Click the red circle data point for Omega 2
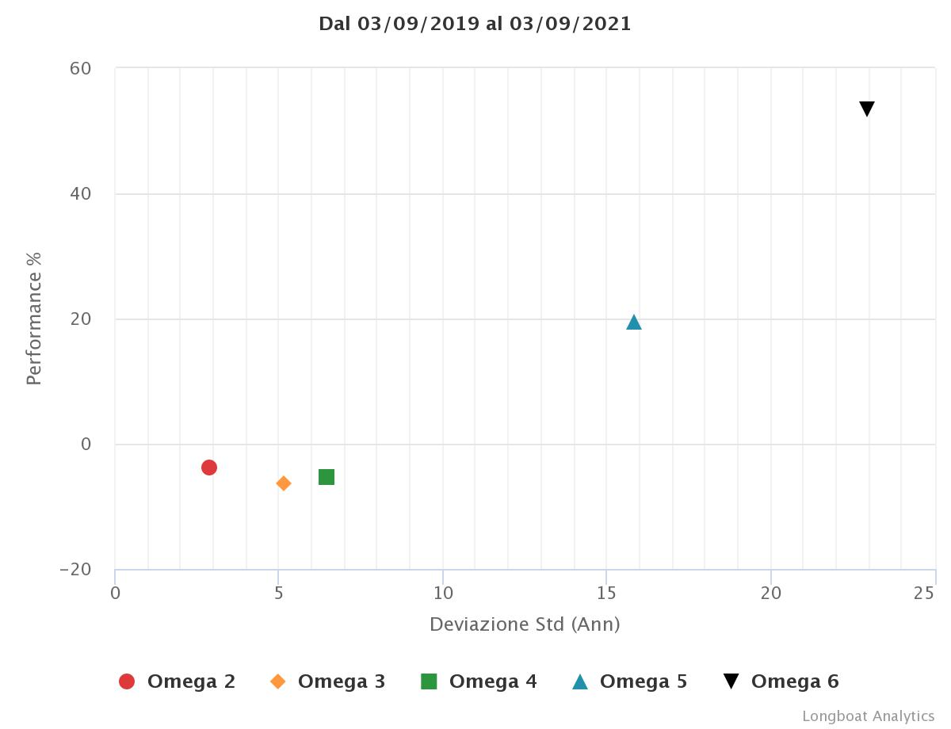pos(209,468)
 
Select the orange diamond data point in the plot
pos(284,483)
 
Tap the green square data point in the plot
pos(327,477)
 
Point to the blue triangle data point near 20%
pos(634,322)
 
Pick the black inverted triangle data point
pos(867,109)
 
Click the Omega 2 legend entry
pos(177,681)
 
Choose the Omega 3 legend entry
pos(327,681)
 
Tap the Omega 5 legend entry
pos(629,681)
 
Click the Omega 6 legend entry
pos(781,681)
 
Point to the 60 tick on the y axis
pos(81,69)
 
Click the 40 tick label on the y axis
pos(81,194)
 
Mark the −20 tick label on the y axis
pos(75,570)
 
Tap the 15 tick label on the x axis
pos(606,593)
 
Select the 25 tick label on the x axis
pos(924,593)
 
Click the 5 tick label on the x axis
pos(278,593)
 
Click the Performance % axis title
pos(33,319)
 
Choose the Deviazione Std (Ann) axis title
pos(525,624)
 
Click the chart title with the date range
pos(475,24)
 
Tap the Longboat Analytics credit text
pos(868,716)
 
